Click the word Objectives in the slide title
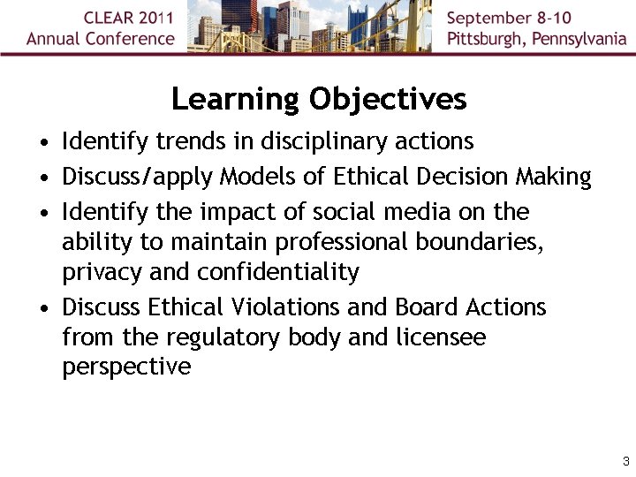point(388,99)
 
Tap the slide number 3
point(625,461)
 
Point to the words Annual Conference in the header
point(101,39)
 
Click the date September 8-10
point(510,19)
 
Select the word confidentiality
point(278,272)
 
